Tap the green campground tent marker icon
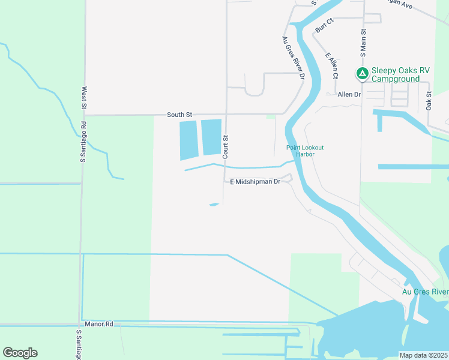[x=362, y=73]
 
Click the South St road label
[x=179, y=114]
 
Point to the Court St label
[x=226, y=146]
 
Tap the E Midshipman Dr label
[x=255, y=181]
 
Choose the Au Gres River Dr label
[x=293, y=58]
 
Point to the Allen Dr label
[x=349, y=94]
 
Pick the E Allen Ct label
[x=332, y=65]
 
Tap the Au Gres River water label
[x=424, y=292]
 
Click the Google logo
[x=20, y=353]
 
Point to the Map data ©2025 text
[x=423, y=355]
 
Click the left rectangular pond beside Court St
[x=188, y=139]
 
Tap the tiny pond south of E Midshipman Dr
[x=214, y=205]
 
